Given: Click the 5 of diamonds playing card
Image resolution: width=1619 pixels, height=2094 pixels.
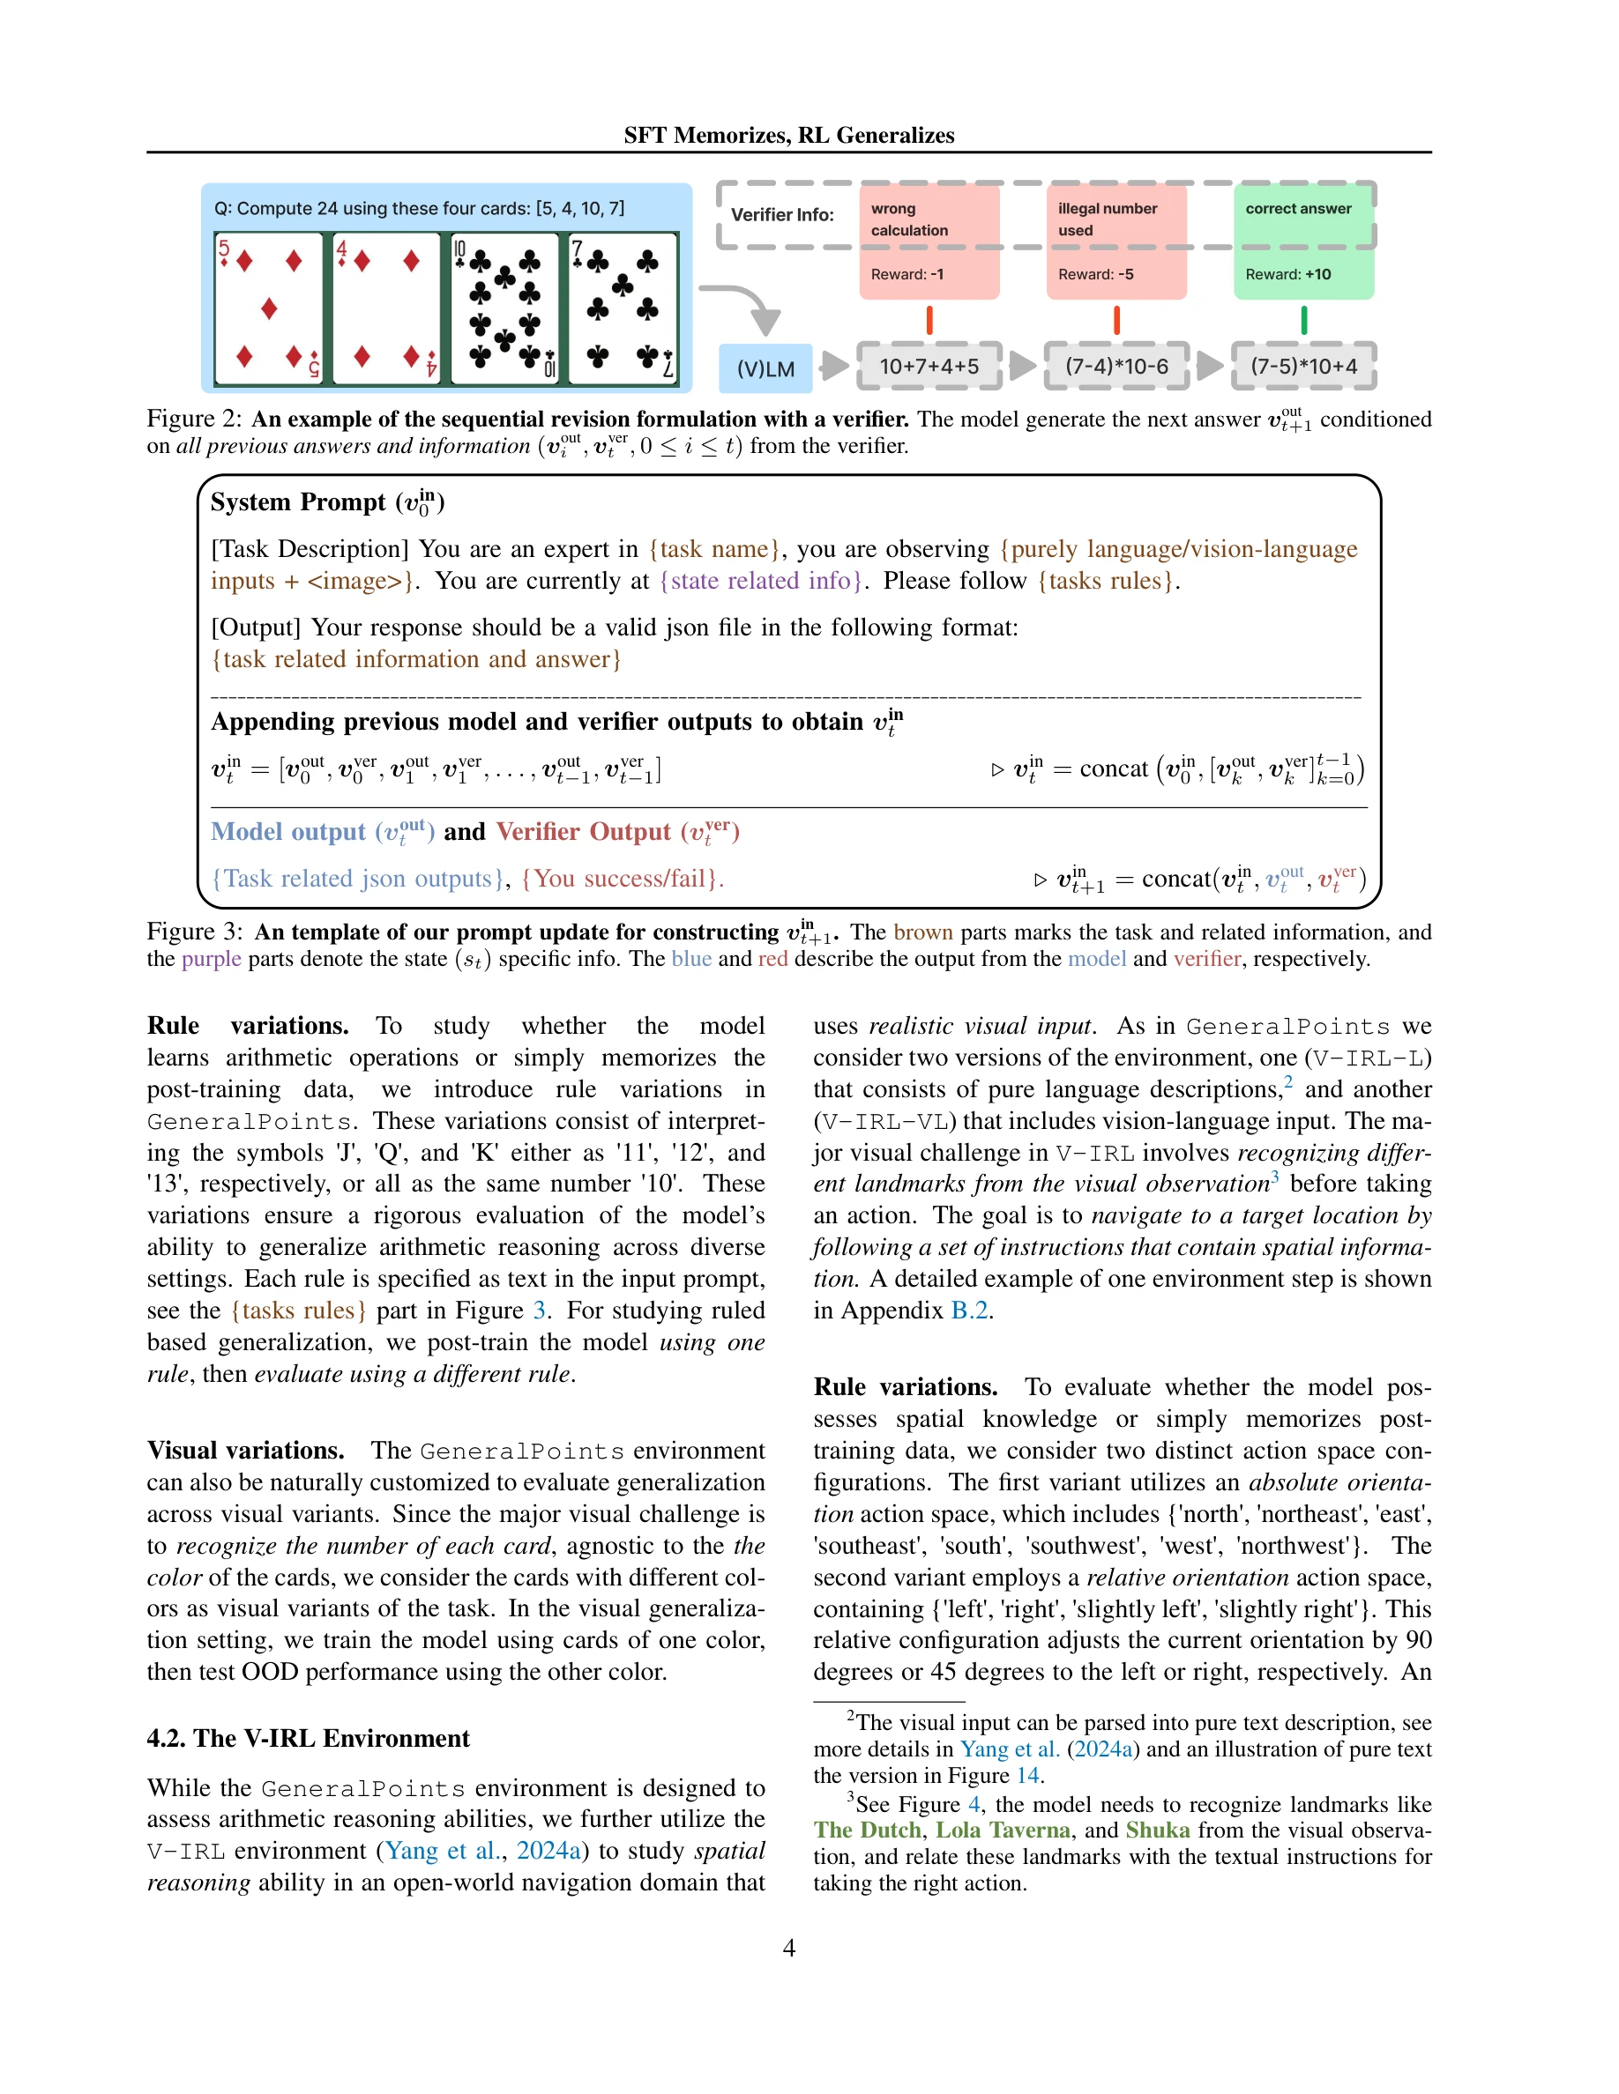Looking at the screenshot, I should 269,308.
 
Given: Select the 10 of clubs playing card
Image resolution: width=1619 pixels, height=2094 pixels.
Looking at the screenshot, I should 504,308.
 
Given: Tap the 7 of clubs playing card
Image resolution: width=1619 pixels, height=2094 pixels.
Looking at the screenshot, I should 623,308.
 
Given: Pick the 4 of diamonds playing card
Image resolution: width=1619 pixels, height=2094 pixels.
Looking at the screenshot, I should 386,308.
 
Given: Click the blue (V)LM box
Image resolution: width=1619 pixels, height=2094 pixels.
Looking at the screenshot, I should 765,368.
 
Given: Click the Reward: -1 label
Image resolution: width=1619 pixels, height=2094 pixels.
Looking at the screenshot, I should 906,274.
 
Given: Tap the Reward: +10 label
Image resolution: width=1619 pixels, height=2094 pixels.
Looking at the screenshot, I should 1287,274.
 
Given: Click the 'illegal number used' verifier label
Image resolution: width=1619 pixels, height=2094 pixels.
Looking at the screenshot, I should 1107,219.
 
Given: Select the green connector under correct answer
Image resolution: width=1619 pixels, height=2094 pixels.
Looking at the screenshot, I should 1303,319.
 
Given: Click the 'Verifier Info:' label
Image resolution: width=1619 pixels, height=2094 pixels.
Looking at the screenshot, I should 781,215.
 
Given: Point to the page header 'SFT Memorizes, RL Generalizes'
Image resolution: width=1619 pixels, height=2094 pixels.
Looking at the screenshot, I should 788,135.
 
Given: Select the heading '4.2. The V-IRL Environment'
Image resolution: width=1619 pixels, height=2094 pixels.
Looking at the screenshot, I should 308,1738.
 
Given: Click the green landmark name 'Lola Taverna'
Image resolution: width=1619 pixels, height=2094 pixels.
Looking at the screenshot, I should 1003,1830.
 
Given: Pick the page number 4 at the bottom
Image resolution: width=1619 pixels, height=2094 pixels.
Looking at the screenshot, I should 788,1948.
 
